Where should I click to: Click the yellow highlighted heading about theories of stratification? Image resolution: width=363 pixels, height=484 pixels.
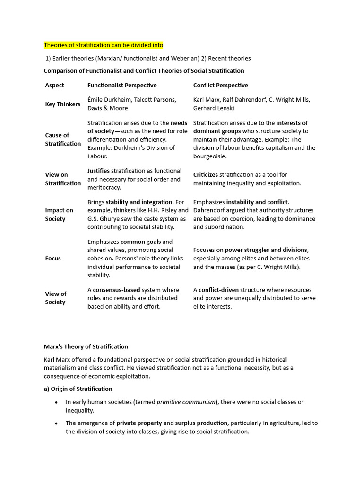(104, 45)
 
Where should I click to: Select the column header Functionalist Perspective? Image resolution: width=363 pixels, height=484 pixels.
(122, 85)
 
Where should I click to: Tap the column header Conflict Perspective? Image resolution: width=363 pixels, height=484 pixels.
(220, 85)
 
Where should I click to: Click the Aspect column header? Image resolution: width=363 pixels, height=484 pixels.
(54, 85)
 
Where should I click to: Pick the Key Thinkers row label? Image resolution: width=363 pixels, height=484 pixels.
(62, 104)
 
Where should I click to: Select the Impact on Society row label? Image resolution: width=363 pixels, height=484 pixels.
(59, 215)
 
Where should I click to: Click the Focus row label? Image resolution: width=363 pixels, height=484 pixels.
(53, 259)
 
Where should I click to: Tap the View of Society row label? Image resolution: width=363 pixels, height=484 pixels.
(56, 298)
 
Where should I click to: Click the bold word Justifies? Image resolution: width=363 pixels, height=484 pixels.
(98, 171)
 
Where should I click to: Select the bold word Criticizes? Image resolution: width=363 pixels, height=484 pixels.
(205, 175)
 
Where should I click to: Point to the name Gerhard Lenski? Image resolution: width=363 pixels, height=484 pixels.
(214, 108)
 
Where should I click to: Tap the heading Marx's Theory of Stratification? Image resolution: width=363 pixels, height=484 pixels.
(86, 346)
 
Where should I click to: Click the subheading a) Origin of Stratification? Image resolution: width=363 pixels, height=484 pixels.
(78, 389)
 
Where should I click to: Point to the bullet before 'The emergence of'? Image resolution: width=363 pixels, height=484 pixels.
(56, 423)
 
